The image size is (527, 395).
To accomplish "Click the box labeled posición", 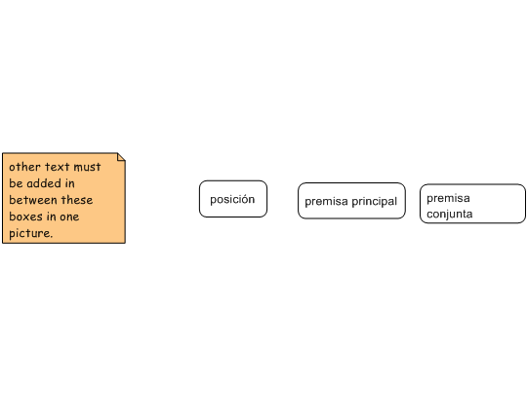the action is [233, 199].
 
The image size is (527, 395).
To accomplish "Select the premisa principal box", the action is [351, 201].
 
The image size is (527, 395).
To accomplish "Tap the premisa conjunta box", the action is [472, 204].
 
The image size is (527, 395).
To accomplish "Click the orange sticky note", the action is [63, 198].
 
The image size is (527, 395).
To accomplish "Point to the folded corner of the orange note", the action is [122, 156].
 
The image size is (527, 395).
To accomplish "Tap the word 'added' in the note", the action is [44, 183].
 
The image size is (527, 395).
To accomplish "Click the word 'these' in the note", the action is [77, 200].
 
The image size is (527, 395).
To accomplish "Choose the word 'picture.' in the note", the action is [31, 233].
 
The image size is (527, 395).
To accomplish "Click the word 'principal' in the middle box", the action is [374, 202].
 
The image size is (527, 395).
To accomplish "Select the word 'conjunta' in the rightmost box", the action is [450, 214].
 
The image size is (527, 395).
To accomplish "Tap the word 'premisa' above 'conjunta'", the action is [448, 198].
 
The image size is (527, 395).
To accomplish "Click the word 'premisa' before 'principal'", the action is [326, 202].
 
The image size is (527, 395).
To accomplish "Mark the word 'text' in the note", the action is [58, 167].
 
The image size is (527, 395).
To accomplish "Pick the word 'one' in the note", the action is [69, 217].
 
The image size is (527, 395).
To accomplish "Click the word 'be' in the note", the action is [16, 183].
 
